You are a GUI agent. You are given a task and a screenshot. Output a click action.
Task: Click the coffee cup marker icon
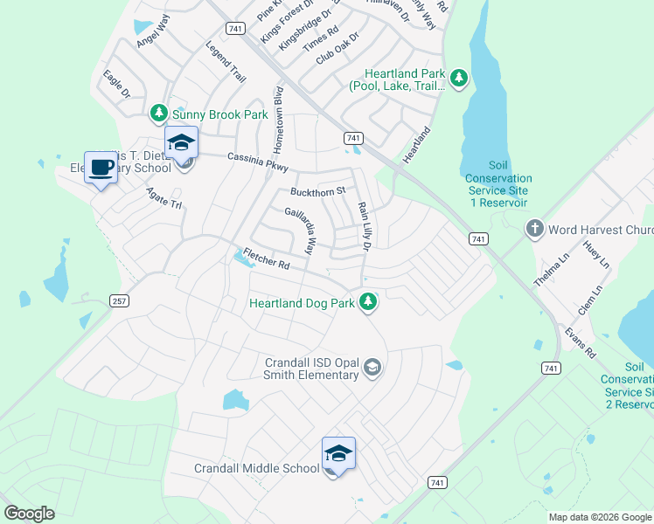point(101,166)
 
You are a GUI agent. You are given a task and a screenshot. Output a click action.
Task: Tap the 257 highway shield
point(121,300)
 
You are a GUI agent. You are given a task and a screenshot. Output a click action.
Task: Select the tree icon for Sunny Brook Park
point(158,114)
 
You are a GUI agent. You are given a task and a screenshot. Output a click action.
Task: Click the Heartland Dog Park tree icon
point(369,303)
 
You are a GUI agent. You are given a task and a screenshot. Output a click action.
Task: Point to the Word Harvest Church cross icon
point(534,230)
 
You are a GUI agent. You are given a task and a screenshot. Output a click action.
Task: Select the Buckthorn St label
point(318,190)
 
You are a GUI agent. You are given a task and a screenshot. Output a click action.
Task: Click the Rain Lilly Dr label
point(365,228)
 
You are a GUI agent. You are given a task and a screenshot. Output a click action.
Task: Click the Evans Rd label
point(580,343)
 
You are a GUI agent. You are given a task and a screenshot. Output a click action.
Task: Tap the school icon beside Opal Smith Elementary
point(373,368)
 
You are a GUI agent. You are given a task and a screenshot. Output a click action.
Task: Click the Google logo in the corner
point(29,513)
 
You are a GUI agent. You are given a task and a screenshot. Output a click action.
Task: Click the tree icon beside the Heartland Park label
point(459,79)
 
